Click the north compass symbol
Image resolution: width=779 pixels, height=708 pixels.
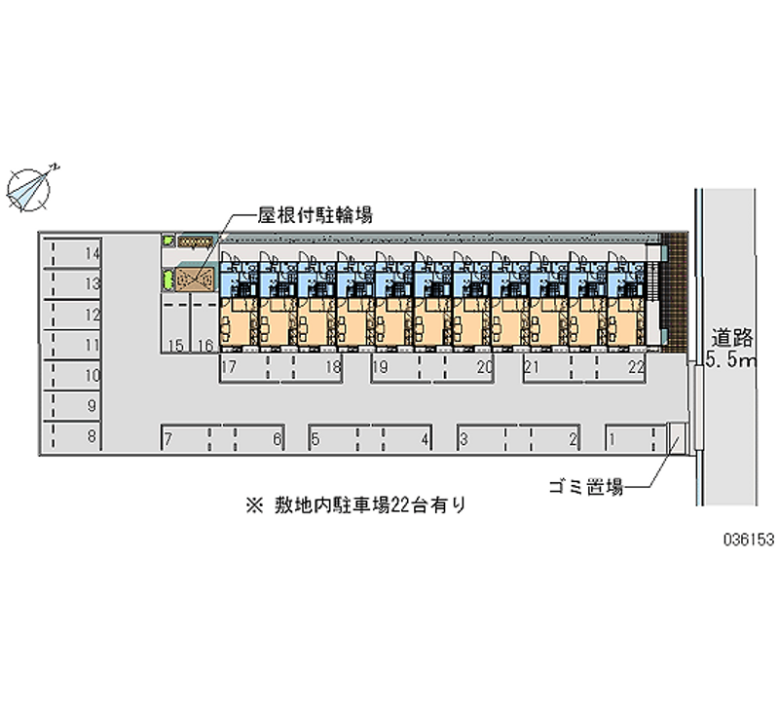(x=31, y=186)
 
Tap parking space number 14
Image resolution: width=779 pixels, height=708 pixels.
(x=73, y=254)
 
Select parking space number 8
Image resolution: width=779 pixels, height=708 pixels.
(x=73, y=436)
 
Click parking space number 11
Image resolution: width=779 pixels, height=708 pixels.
(x=73, y=345)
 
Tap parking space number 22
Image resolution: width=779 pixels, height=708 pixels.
(x=623, y=368)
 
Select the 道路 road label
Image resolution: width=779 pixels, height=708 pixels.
(x=732, y=339)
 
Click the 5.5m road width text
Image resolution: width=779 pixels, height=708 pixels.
(x=732, y=362)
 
